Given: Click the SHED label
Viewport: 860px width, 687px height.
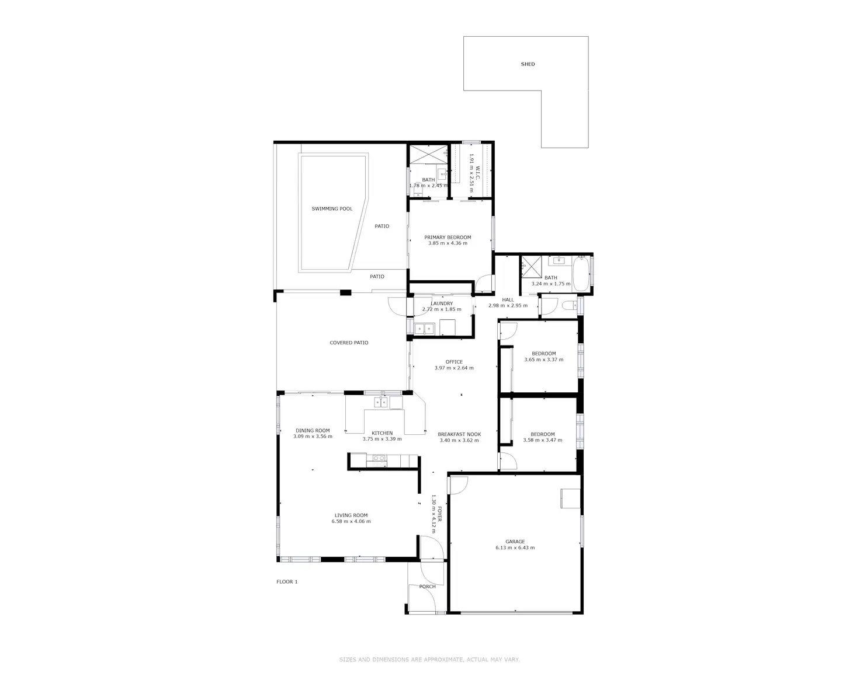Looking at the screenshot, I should click(x=528, y=64).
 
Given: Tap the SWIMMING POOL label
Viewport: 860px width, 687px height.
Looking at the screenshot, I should click(x=332, y=209).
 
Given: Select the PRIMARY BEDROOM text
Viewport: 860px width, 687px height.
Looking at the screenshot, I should click(x=448, y=238).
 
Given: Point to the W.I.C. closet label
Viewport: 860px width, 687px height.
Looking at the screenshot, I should click(x=477, y=173).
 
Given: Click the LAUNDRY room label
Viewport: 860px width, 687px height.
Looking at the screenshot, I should click(x=442, y=304).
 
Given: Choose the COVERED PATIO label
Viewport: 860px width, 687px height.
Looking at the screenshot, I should click(x=349, y=343).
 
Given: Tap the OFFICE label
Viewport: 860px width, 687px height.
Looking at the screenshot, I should click(x=454, y=362).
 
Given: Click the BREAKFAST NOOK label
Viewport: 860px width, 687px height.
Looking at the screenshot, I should click(x=459, y=434).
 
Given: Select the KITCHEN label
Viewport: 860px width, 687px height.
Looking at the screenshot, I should click(x=382, y=433).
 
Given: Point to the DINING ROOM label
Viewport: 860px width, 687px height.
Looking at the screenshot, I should click(x=313, y=431).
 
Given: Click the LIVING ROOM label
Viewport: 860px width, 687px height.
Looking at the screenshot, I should click(x=351, y=515).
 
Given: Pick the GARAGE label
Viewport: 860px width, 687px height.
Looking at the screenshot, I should click(x=515, y=542).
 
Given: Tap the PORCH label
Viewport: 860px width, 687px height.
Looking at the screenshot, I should click(x=427, y=587).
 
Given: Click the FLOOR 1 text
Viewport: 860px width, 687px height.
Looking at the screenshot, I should click(x=287, y=581).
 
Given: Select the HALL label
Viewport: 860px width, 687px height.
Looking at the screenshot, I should click(x=508, y=299).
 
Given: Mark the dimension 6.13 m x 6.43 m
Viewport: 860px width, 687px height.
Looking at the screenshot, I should click(x=515, y=548).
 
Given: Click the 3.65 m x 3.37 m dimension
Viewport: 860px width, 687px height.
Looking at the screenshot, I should click(x=543, y=360).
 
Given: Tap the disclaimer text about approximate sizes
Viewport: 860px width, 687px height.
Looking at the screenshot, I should click(x=429, y=660).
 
